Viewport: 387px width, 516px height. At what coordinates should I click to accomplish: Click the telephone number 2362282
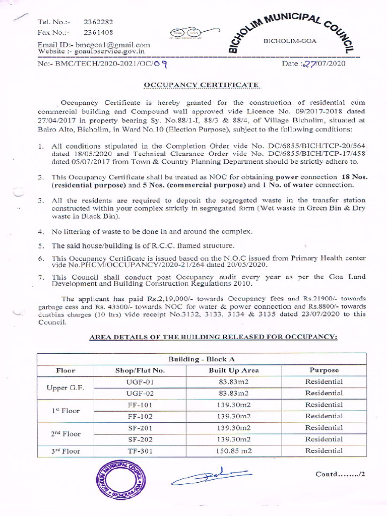click(x=98, y=22)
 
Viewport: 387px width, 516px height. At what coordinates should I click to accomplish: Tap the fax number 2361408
click(x=98, y=33)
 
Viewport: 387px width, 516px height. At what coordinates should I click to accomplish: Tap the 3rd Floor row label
click(x=66, y=451)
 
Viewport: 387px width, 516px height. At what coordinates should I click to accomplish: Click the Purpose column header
click(x=324, y=370)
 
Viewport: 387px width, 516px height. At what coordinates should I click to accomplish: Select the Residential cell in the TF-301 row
click(x=324, y=451)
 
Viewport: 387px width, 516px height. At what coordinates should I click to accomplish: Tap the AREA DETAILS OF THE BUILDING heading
click(x=213, y=336)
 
